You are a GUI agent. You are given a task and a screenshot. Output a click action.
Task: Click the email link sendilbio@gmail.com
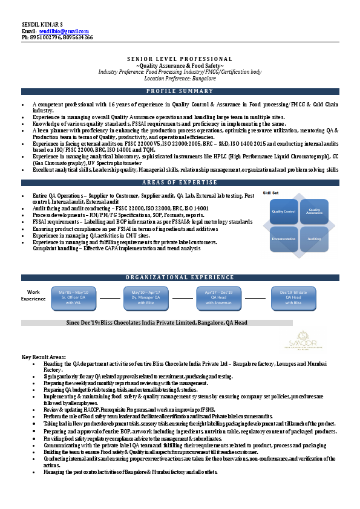(x=64, y=31)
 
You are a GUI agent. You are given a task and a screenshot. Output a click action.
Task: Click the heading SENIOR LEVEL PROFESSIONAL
(x=180, y=59)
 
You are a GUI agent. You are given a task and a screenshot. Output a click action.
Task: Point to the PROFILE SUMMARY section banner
(x=180, y=91)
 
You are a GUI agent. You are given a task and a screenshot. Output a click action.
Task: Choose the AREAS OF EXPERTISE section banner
(x=180, y=183)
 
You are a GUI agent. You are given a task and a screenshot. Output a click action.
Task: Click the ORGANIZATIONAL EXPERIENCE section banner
(x=180, y=277)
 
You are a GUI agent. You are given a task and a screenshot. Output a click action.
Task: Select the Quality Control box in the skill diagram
(x=283, y=212)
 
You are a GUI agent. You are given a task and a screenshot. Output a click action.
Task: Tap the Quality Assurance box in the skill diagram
(x=314, y=212)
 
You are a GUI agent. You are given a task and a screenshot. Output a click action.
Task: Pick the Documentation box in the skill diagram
(x=283, y=239)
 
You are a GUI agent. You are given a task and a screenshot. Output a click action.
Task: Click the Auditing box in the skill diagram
(x=314, y=239)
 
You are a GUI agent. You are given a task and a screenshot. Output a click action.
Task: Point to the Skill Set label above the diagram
(x=270, y=193)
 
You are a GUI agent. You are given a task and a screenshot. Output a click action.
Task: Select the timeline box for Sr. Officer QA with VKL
(x=73, y=297)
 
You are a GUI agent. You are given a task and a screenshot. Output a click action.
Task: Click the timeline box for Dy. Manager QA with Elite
(x=145, y=297)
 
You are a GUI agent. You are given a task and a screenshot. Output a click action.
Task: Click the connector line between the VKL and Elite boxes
(x=110, y=298)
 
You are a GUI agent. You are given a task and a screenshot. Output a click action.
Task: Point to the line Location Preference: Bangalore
(x=180, y=79)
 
